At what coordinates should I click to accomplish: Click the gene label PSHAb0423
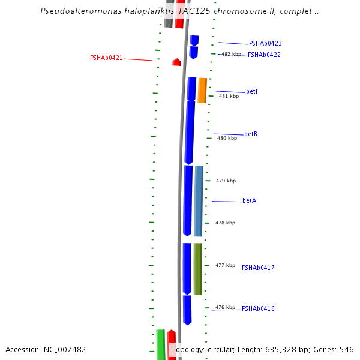pyautogui.click(x=265, y=43)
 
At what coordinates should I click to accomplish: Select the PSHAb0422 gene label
pyautogui.click(x=264, y=55)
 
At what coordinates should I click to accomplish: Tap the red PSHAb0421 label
pyautogui.click(x=106, y=58)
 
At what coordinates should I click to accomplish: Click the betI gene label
pyautogui.click(x=251, y=91)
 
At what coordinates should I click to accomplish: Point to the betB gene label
pyautogui.click(x=251, y=134)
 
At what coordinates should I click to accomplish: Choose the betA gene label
pyautogui.click(x=249, y=200)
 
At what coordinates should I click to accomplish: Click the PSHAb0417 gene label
pyautogui.click(x=258, y=268)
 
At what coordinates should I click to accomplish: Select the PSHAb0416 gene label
pyautogui.click(x=258, y=308)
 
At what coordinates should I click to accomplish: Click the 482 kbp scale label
pyautogui.click(x=231, y=54)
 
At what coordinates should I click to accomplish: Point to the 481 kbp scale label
pyautogui.click(x=229, y=96)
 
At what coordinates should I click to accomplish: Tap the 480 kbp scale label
pyautogui.click(x=227, y=138)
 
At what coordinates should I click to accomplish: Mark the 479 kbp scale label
pyautogui.click(x=226, y=181)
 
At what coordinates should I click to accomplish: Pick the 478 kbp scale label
pyautogui.click(x=225, y=223)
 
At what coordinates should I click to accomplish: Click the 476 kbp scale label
pyautogui.click(x=225, y=307)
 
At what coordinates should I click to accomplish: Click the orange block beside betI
pyautogui.click(x=202, y=90)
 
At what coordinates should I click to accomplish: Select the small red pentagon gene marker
pyautogui.click(x=176, y=62)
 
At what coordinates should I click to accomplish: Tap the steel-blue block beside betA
pyautogui.click(x=199, y=201)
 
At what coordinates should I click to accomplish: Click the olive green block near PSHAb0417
pyautogui.click(x=197, y=268)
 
